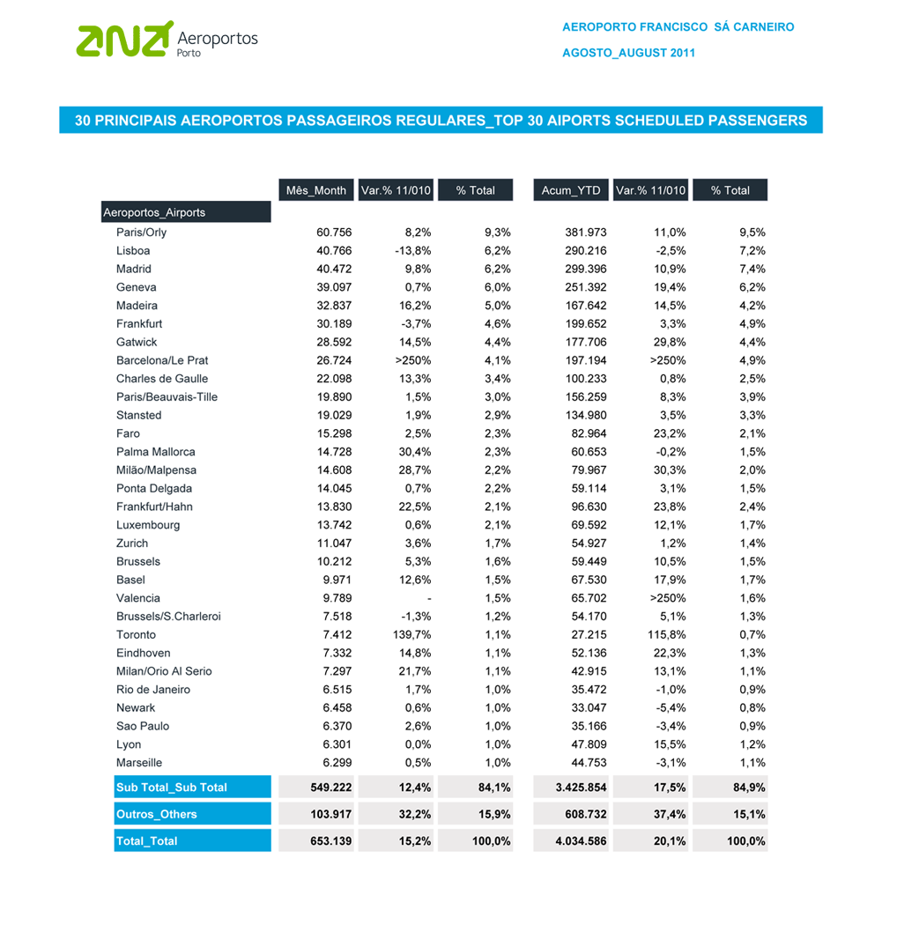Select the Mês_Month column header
[x=315, y=190]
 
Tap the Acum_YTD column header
[x=571, y=190]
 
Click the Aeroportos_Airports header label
[x=154, y=212]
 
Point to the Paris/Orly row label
[x=141, y=233]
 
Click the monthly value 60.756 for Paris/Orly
[x=334, y=233]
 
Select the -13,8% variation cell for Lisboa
[x=412, y=251]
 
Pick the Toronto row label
[x=136, y=634]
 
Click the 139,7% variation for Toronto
[x=411, y=634]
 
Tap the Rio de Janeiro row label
[x=153, y=690]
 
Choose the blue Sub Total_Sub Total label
[x=172, y=788]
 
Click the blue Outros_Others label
[x=157, y=814]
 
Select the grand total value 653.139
[x=331, y=841]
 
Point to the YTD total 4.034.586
[x=580, y=841]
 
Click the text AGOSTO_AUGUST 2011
[x=628, y=53]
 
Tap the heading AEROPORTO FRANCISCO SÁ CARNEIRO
[x=678, y=27]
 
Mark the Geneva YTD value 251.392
[x=585, y=287]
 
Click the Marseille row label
[x=139, y=763]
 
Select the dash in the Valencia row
[x=429, y=599]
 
